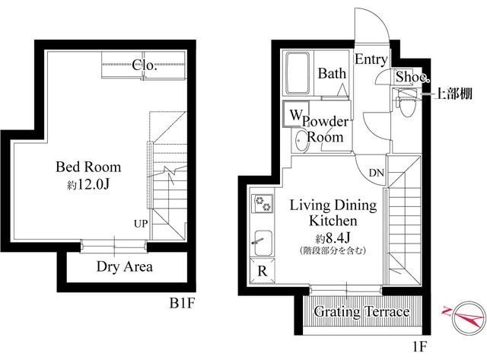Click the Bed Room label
(88, 167)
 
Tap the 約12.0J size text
(88, 184)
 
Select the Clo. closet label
(145, 65)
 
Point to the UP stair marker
(141, 223)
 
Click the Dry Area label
(125, 266)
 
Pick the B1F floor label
(182, 303)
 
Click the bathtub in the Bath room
(298, 73)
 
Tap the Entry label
(371, 59)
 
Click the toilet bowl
(406, 103)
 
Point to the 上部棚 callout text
(454, 93)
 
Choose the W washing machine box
(296, 113)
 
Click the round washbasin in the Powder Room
(301, 142)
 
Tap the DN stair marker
(377, 173)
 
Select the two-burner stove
(263, 203)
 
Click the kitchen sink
(263, 244)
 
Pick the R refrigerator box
(263, 270)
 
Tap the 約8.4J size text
(333, 238)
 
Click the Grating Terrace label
(361, 311)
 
